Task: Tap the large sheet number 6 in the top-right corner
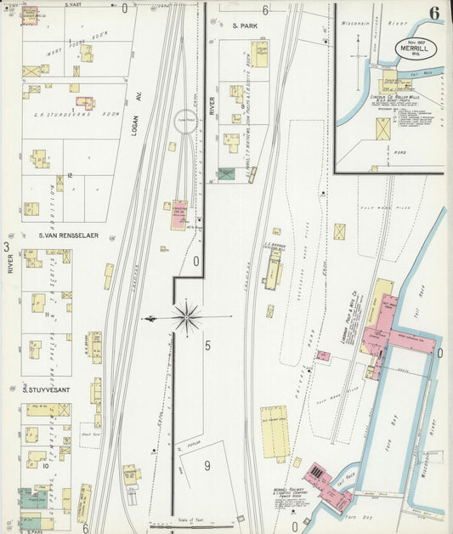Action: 433,14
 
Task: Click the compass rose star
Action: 186,317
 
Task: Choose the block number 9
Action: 206,465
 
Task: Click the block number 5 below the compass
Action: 207,345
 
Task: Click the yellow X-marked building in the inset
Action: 384,130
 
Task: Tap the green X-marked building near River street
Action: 225,173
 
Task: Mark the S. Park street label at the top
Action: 245,26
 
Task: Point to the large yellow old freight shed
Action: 274,431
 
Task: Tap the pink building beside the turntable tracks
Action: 179,214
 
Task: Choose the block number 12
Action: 71,175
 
